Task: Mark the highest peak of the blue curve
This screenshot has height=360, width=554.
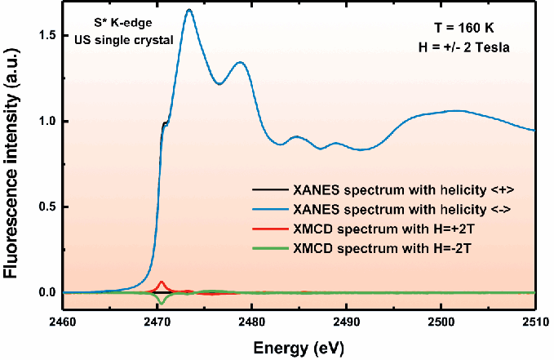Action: pyautogui.click(x=189, y=10)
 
